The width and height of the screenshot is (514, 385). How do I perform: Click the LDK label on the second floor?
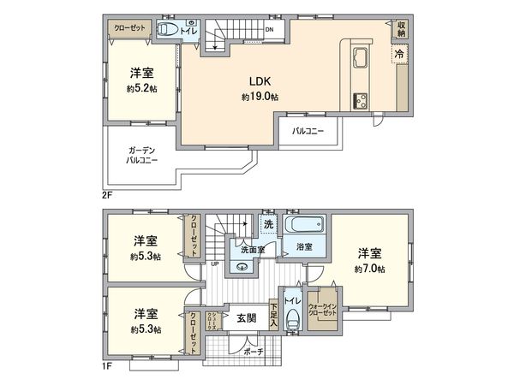[260, 82]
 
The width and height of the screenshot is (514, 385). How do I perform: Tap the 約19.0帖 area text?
[260, 97]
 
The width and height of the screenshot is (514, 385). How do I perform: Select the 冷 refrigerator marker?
[399, 54]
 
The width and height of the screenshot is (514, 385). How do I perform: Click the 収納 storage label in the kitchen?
[401, 28]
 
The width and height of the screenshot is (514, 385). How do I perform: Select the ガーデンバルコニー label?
[140, 154]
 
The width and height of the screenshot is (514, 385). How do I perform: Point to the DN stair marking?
[269, 30]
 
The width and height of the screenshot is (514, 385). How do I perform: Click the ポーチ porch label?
[252, 352]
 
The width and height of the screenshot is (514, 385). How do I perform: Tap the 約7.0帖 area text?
[369, 269]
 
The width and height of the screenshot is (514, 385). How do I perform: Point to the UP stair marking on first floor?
[213, 264]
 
